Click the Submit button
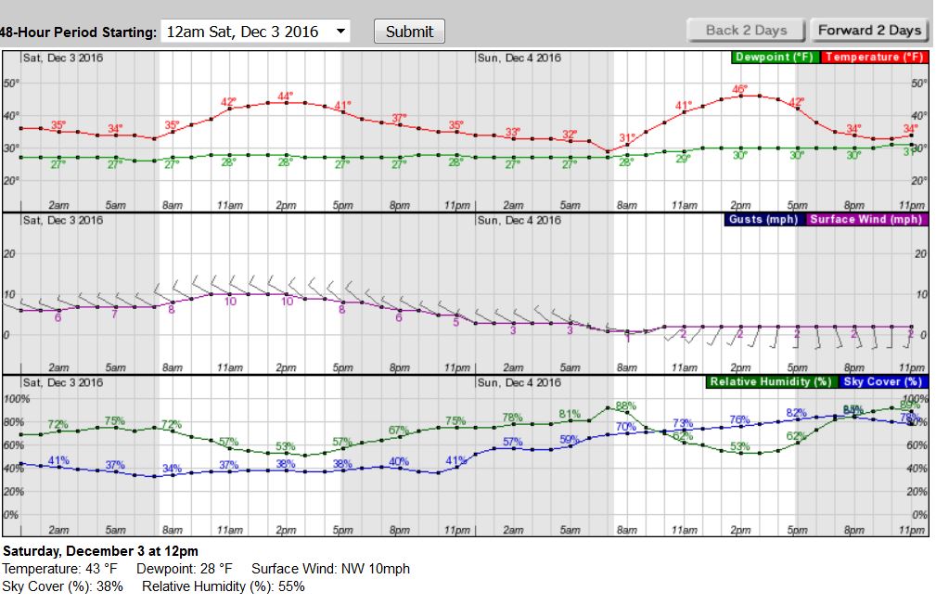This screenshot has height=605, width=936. (409, 31)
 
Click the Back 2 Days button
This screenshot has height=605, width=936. (747, 30)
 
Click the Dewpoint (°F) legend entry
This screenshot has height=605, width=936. (774, 58)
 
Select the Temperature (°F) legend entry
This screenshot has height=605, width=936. (874, 58)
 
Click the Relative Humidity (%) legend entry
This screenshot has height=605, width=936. (770, 381)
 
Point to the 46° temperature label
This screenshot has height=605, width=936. (740, 89)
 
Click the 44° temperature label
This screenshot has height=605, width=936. (286, 96)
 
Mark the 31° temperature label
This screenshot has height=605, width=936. (627, 138)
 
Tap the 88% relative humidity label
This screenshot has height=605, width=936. (625, 405)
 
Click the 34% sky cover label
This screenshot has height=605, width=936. (172, 469)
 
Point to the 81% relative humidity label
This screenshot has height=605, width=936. (570, 414)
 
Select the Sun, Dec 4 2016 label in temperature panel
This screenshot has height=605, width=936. (519, 58)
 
